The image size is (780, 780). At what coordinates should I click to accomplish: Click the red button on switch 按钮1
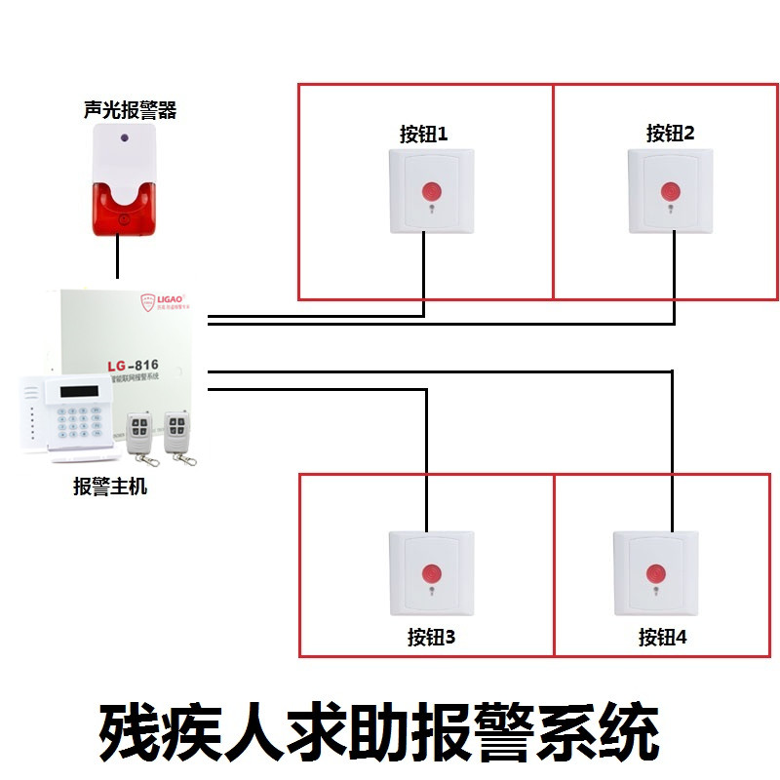pyautogui.click(x=430, y=189)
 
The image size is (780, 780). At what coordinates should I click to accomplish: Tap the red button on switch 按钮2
pyautogui.click(x=670, y=189)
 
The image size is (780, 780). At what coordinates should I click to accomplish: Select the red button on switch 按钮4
pyautogui.click(x=655, y=571)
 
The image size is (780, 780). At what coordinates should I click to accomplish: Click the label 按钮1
pyautogui.click(x=423, y=135)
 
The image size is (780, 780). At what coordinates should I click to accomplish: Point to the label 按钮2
pyautogui.click(x=670, y=134)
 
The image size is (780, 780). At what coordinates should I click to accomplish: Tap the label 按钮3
pyautogui.click(x=431, y=638)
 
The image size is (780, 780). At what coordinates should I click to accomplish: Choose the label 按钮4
pyautogui.click(x=663, y=638)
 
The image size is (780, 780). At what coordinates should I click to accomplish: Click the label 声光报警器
pyautogui.click(x=130, y=110)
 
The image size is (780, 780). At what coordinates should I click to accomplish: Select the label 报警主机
pyautogui.click(x=110, y=485)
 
